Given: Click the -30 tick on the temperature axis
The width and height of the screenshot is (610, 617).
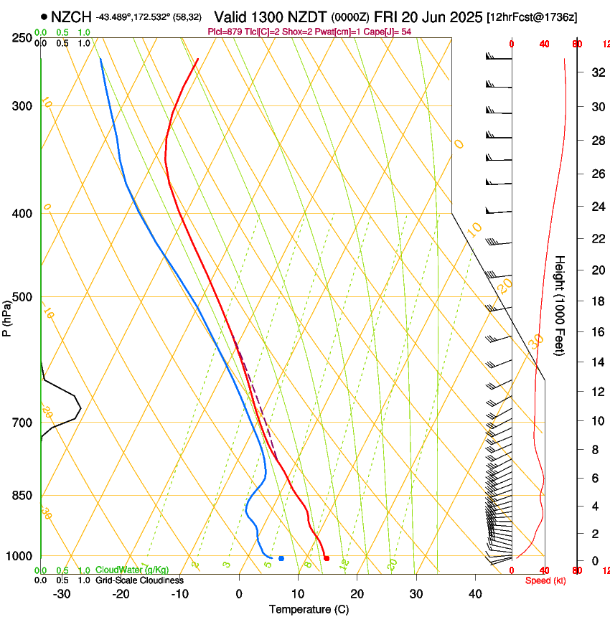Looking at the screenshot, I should [x=62, y=594].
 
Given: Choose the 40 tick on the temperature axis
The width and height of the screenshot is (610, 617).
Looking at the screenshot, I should [x=475, y=594].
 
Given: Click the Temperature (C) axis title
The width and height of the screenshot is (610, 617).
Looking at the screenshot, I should [x=309, y=609].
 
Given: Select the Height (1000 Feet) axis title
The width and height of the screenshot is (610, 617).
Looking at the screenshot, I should [x=560, y=306].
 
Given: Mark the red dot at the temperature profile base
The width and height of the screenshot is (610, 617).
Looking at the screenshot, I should [x=327, y=557].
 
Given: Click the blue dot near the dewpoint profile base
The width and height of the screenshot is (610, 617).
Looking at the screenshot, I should [x=281, y=558].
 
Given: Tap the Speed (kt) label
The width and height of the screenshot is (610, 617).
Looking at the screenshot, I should [x=545, y=580].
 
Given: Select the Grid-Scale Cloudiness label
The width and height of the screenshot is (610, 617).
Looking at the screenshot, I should [x=140, y=580].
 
